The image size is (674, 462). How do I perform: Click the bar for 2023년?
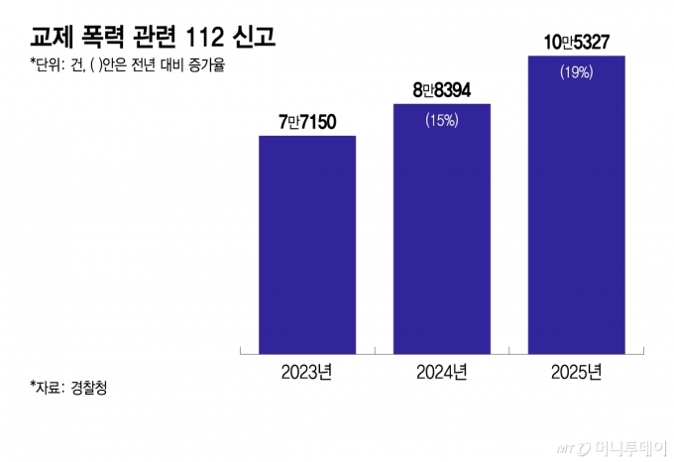click(307, 244)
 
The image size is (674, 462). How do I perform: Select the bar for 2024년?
click(442, 228)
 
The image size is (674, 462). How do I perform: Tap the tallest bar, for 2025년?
click(577, 204)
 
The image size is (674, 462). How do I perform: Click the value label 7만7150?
click(308, 122)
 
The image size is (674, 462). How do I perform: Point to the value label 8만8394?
click(442, 90)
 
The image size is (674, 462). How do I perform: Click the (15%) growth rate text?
click(441, 121)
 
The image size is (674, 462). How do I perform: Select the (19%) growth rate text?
click(576, 72)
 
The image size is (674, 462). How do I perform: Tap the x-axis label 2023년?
click(307, 372)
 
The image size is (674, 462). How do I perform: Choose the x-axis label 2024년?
click(442, 372)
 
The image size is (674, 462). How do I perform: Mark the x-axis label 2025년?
click(577, 372)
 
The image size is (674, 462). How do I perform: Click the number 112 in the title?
click(207, 39)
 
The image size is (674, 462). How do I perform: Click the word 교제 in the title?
click(50, 39)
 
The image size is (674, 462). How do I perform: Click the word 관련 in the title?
click(155, 39)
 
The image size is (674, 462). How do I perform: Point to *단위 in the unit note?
click(47, 68)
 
